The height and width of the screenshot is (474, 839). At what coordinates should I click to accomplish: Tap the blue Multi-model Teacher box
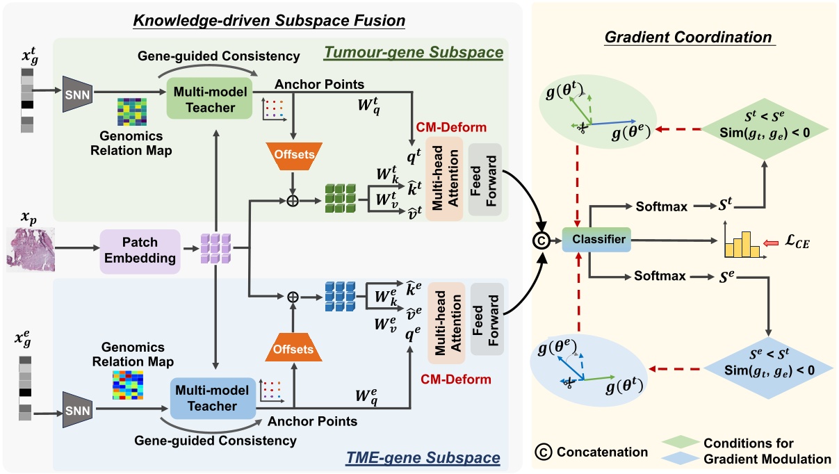tap(206, 398)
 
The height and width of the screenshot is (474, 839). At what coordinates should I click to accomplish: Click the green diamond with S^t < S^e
tap(764, 126)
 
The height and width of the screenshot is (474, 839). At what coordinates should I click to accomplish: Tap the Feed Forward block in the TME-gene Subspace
tap(486, 318)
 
